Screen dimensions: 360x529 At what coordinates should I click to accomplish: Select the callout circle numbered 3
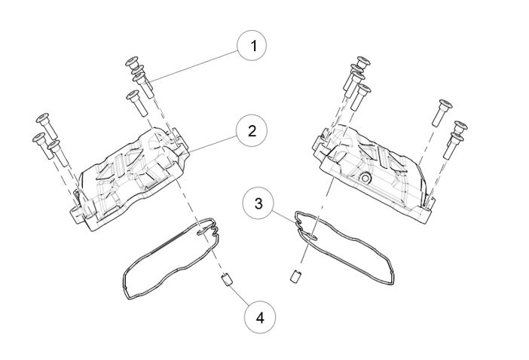coord(259,203)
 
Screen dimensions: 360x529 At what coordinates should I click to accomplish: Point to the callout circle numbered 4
coord(260,318)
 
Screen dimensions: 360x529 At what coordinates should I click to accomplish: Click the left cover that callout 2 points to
coord(132,177)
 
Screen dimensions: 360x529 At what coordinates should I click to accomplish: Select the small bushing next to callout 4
coord(224,282)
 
